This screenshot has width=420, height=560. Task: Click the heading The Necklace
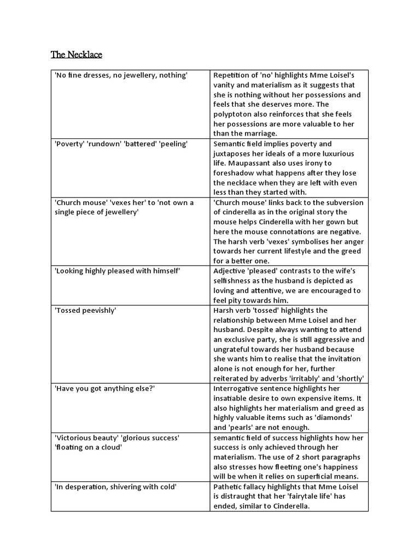tap(77, 55)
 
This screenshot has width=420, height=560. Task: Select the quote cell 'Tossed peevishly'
tap(85, 311)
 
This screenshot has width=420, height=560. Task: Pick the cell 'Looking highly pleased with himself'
tap(118, 271)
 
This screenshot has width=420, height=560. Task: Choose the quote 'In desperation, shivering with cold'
tap(115, 487)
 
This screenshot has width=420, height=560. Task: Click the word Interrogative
tap(237, 388)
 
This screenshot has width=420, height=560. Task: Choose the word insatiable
tap(232, 398)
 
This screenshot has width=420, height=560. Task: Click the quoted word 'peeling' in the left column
tap(173, 144)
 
